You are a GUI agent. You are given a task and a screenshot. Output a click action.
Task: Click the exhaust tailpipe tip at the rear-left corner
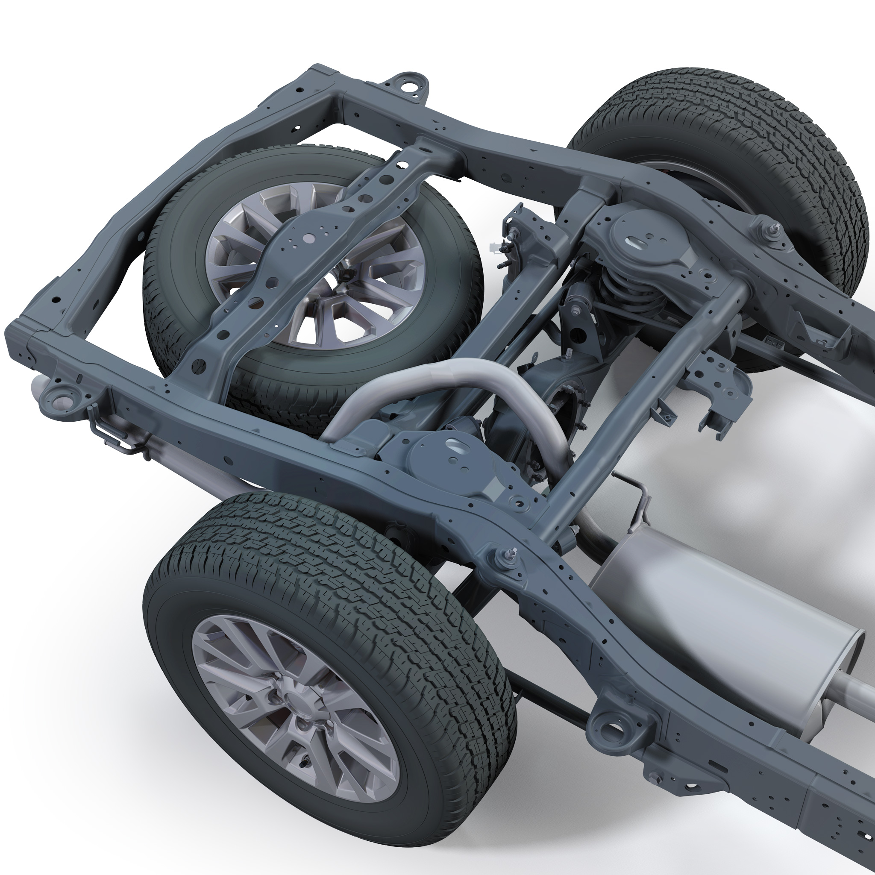[37, 390]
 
